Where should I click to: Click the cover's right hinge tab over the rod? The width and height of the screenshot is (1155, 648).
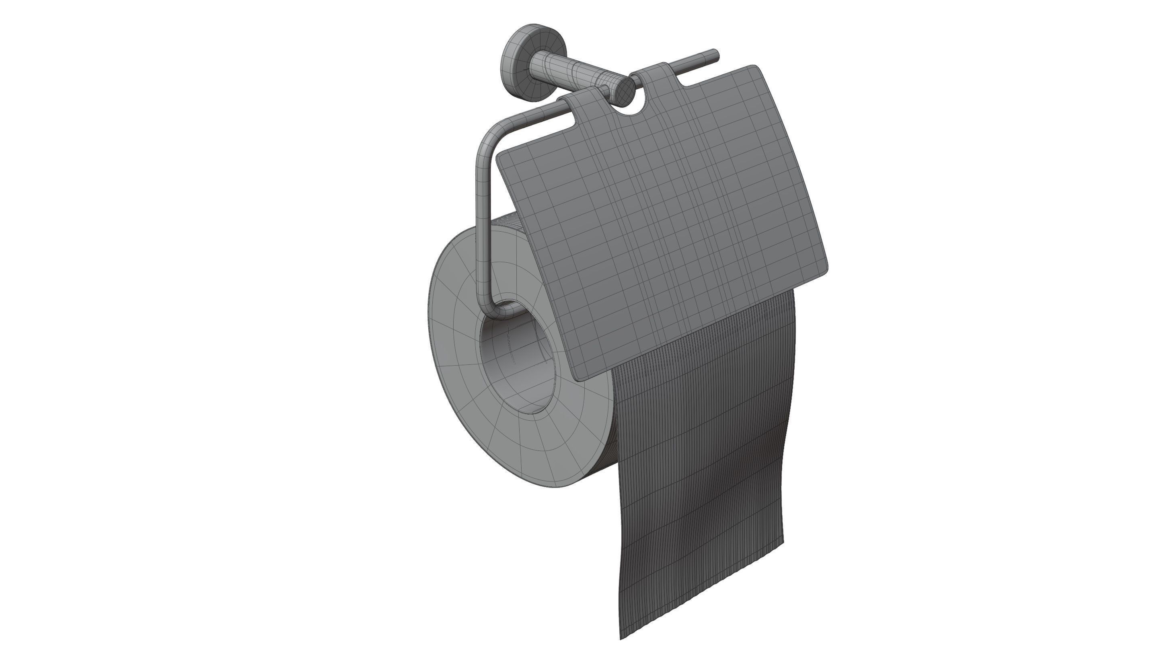tap(650, 72)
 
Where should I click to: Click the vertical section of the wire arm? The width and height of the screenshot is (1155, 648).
tap(483, 224)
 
